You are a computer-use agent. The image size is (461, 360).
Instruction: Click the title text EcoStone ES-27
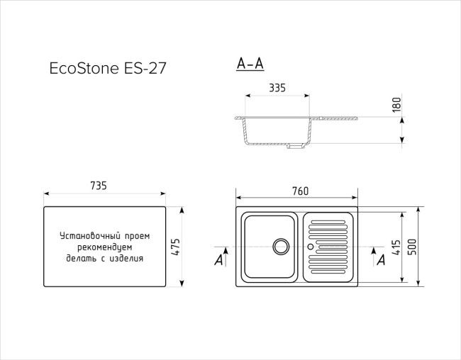(109, 69)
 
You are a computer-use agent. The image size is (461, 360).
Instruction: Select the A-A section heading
(250, 64)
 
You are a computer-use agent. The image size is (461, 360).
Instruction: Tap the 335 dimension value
(277, 88)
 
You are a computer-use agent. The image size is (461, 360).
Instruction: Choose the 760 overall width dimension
(300, 191)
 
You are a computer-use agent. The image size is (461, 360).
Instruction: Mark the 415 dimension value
(396, 247)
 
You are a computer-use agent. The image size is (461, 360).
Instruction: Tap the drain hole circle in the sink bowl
(282, 247)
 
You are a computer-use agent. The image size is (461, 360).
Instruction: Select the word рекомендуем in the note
(105, 247)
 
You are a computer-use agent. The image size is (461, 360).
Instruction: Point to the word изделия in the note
(128, 259)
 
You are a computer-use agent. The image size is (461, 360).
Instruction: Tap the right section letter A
(382, 261)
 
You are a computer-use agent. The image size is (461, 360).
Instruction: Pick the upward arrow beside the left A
(226, 256)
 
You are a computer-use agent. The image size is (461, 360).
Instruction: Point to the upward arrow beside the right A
(374, 256)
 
